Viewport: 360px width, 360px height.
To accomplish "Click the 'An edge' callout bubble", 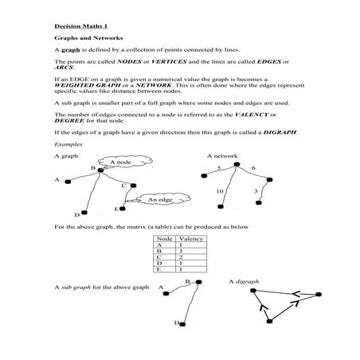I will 158,200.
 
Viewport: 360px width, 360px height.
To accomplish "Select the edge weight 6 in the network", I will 253,169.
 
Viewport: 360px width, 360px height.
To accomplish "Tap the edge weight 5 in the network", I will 218,169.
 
